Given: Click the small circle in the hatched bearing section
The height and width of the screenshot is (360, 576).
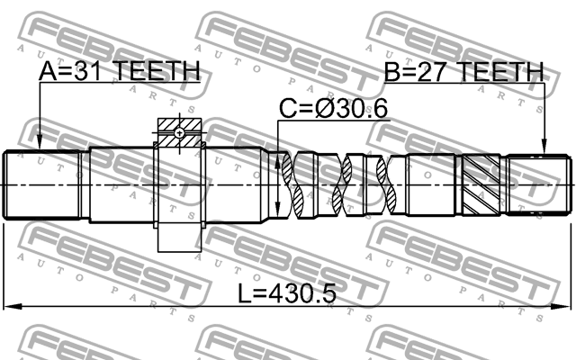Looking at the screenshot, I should [x=181, y=133].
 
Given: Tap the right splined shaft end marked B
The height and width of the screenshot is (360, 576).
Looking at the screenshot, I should [x=540, y=184].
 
